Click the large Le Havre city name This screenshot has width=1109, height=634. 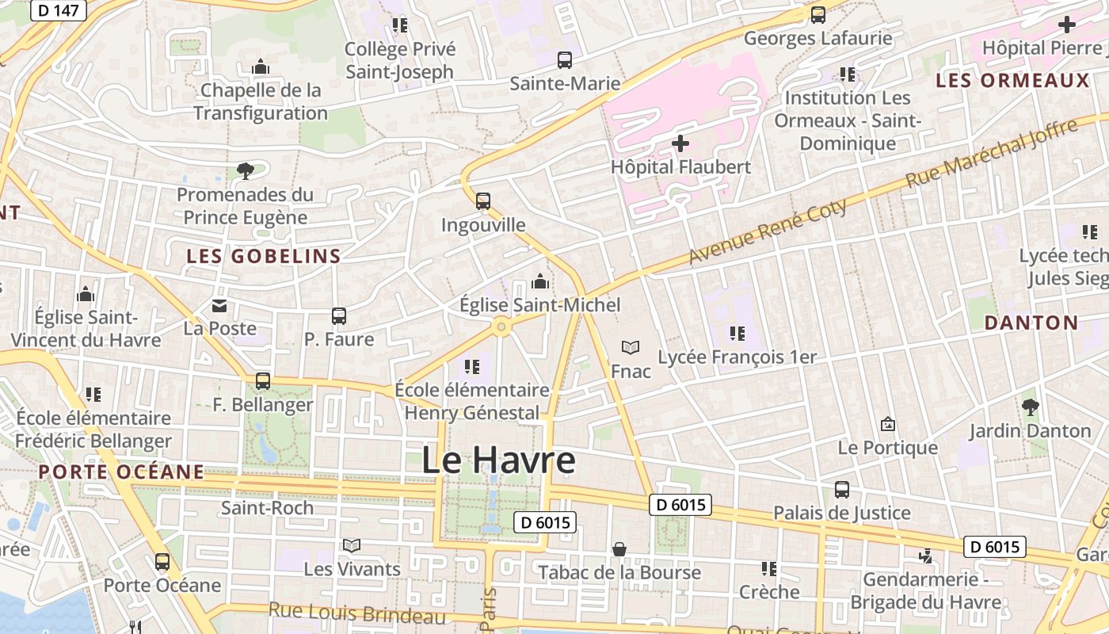pos(498,460)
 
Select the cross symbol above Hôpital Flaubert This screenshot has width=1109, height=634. pos(680,143)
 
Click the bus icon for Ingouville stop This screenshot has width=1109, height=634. pos(483,201)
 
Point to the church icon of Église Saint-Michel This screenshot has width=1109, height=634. pos(540,281)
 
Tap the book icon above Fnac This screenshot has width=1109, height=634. pos(631,348)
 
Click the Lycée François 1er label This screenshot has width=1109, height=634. pos(737,357)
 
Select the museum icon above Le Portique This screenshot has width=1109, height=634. pos(887,424)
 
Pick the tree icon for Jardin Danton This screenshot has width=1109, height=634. pos(1030,407)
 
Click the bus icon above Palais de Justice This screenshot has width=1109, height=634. pos(841,490)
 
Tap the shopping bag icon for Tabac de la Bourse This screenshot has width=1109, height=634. pos(619,549)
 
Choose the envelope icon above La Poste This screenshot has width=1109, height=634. pos(219,305)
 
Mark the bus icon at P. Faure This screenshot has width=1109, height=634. pos(339,316)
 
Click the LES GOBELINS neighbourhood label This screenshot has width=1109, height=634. pos(264,256)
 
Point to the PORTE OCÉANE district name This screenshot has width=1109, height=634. pos(121,472)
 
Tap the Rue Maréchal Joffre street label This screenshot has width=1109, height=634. pos(991,153)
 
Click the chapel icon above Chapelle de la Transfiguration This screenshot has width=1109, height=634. pos(260,67)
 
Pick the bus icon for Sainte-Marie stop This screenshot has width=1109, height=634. pos(565,60)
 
